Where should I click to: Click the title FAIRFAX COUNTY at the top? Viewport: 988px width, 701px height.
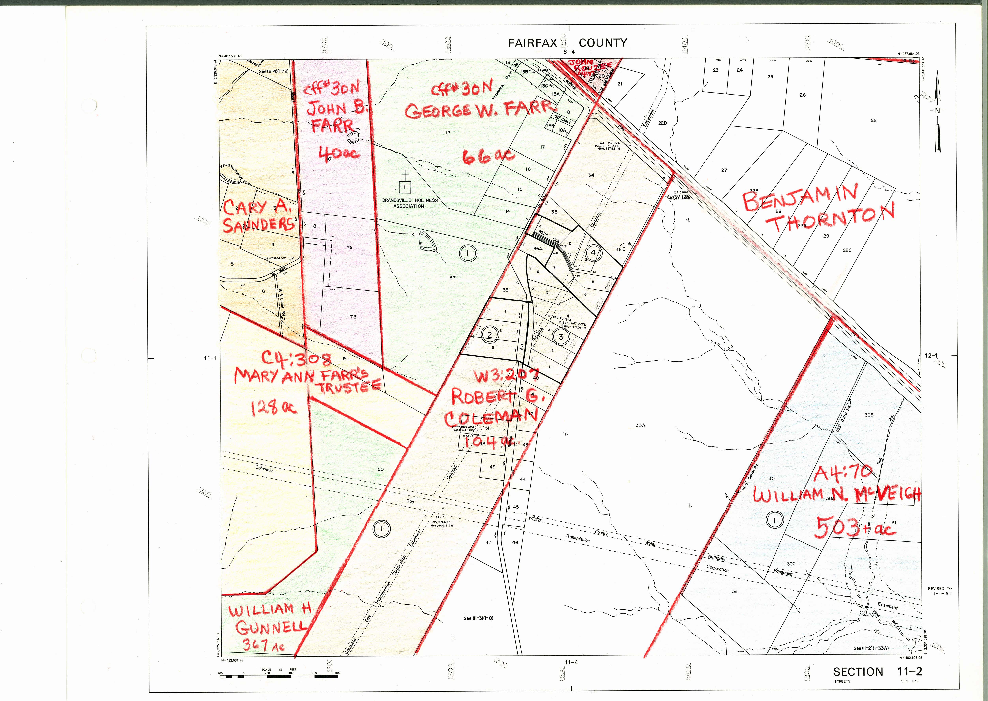568,43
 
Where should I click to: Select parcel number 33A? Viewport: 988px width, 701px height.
640,425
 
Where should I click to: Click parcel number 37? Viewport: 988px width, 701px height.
452,278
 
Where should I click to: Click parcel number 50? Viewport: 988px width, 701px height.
380,469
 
